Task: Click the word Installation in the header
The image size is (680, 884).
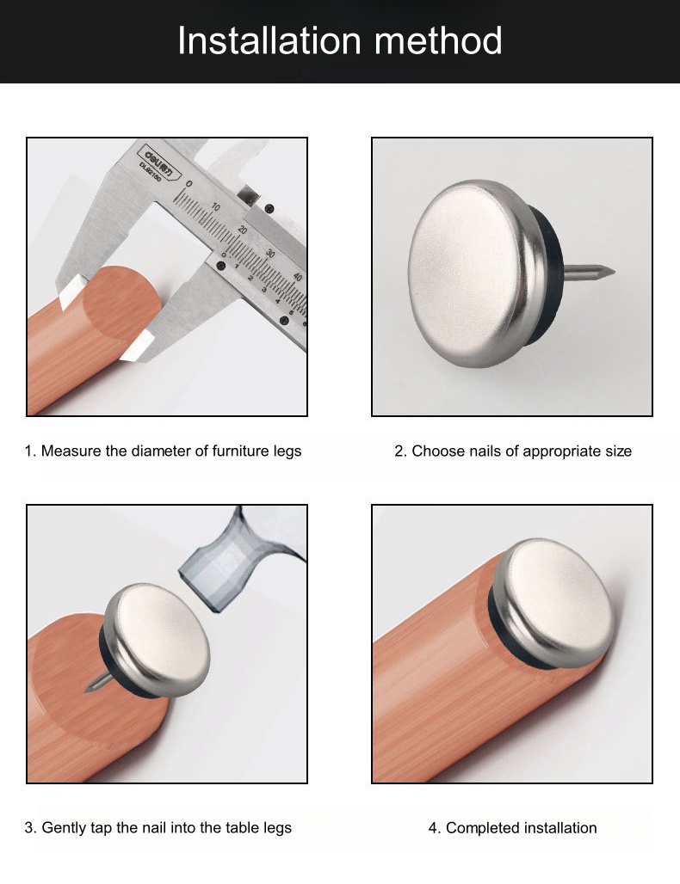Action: (269, 40)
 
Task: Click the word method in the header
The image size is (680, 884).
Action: (438, 40)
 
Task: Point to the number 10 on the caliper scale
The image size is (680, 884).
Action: (215, 207)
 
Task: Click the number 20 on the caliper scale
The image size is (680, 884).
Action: (243, 230)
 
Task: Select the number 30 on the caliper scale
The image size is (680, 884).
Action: (270, 254)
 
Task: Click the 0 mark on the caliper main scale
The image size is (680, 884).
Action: (189, 184)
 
